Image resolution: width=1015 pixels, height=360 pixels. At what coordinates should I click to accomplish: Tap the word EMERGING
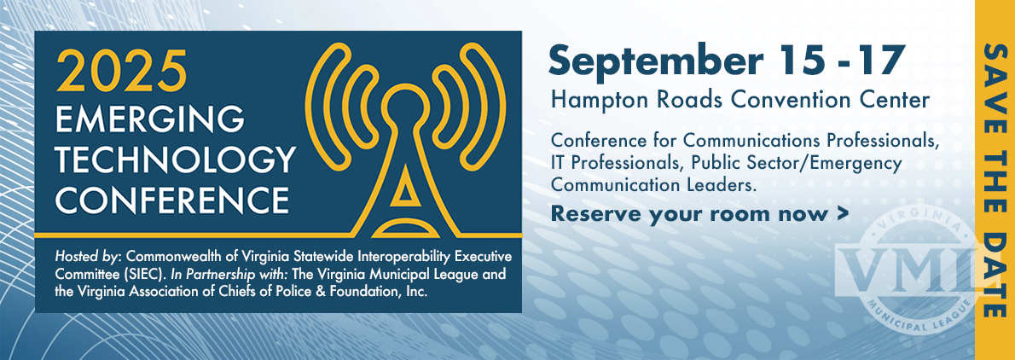tap(150, 119)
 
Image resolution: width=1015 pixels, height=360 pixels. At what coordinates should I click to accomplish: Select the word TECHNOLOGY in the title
tap(176, 160)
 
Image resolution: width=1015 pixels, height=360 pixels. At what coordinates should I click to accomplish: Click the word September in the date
tap(657, 63)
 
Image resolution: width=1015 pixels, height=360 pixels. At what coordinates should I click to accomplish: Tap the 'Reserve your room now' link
tap(689, 214)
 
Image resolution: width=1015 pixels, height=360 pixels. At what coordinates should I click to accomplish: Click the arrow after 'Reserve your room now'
tap(842, 213)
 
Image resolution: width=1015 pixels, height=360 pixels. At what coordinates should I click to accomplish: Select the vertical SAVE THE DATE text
tap(995, 180)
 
